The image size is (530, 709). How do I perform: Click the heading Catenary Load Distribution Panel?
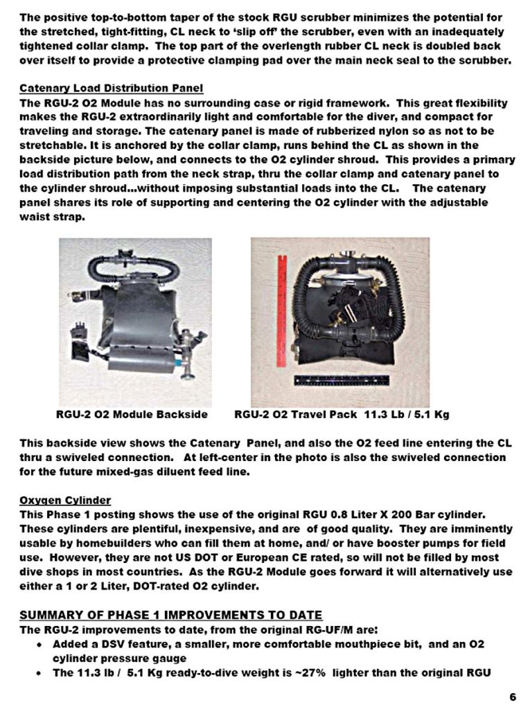coord(111,89)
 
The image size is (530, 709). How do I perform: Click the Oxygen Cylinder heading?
coord(65,501)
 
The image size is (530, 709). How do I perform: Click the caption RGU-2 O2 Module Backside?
coord(132,415)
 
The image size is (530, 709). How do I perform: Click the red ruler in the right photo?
coord(281,311)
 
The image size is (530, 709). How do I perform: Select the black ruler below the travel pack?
coord(342,381)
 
